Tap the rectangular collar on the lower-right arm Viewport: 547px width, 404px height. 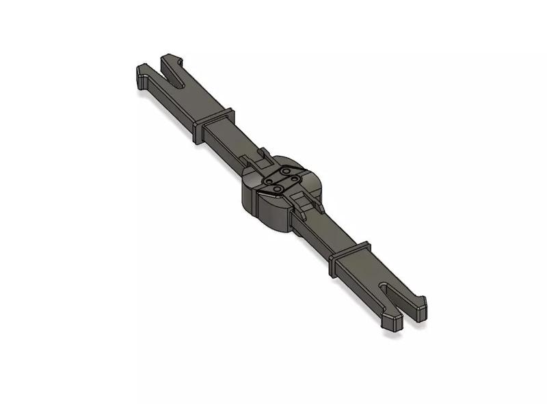[349, 257]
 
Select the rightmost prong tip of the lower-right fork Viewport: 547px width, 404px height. [418, 304]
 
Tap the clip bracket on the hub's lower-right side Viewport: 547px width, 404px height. [305, 202]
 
